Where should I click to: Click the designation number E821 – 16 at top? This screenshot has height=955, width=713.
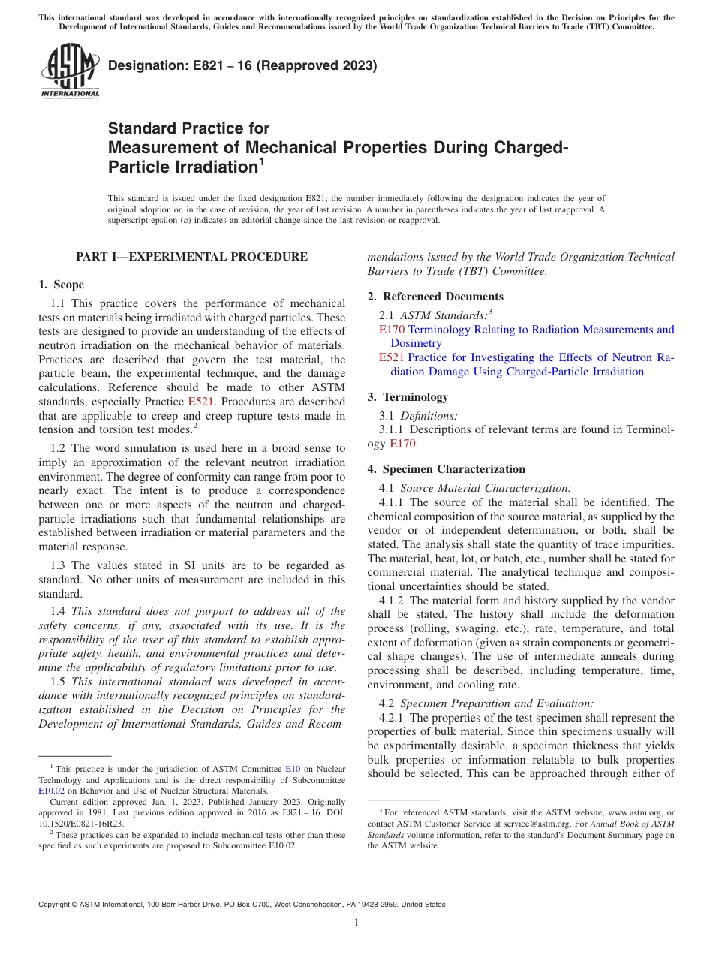point(242,66)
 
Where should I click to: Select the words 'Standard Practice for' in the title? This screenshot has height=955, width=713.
point(188,128)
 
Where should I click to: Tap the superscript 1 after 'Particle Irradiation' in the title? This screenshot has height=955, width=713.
point(262,161)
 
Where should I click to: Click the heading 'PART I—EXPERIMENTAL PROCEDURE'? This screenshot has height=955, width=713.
point(191,257)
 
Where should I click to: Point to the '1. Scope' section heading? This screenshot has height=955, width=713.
point(61,285)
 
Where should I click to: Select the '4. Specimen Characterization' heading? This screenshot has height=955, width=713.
point(446,469)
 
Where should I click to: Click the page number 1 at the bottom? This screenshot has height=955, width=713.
point(356,922)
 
